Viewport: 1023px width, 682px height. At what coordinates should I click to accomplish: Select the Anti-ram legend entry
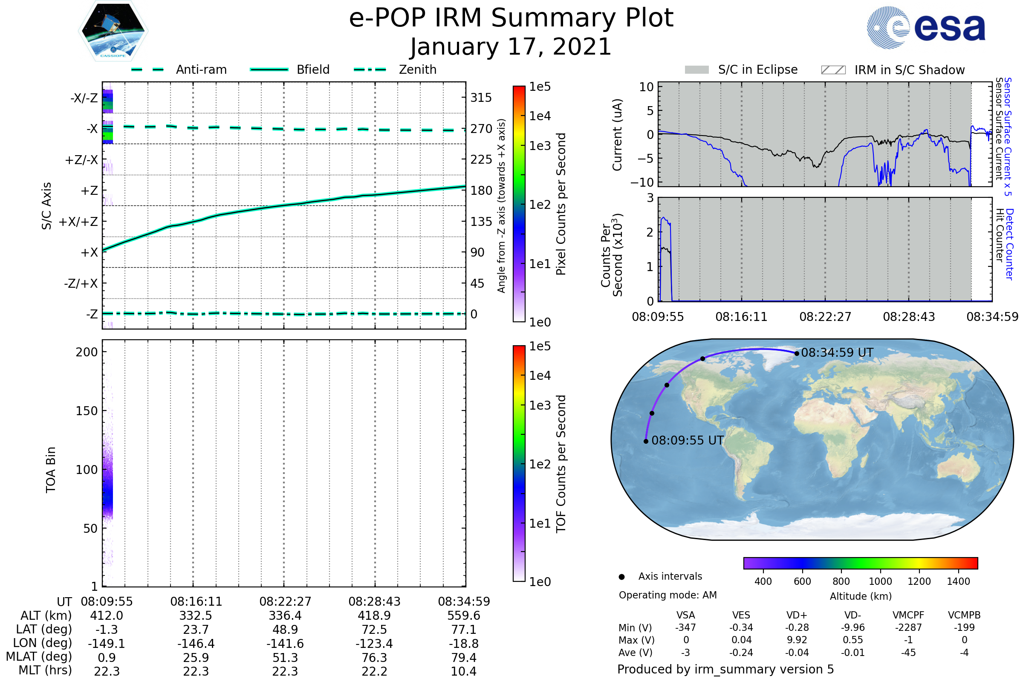pos(201,69)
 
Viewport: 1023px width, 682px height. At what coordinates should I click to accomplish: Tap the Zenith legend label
pos(418,69)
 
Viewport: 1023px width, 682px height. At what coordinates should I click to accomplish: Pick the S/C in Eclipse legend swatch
pos(696,70)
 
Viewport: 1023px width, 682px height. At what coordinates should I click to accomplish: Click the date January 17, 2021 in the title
pos(511,46)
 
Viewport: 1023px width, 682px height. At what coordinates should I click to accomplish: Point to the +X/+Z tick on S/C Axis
pos(78,222)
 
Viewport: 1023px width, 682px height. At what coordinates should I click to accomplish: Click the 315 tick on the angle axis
pos(481,98)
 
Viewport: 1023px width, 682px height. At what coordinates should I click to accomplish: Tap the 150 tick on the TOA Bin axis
pos(87,411)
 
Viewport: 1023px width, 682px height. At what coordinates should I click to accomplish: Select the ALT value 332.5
pos(196,616)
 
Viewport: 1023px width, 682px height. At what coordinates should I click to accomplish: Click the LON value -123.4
pos(374,644)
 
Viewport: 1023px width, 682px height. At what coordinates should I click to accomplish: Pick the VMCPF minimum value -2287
pos(908,627)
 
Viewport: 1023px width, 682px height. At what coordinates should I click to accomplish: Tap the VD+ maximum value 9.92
pos(797,640)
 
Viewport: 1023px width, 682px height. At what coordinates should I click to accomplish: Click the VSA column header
pos(685,616)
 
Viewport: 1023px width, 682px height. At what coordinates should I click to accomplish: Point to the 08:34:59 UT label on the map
pos(837,353)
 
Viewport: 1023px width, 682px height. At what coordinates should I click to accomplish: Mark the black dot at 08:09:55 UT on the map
pos(646,442)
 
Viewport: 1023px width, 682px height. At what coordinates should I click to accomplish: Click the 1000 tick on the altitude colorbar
pos(880,581)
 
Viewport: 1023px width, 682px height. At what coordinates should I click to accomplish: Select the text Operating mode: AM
pos(668,595)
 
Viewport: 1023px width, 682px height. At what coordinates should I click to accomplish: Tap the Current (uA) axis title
pos(617,135)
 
